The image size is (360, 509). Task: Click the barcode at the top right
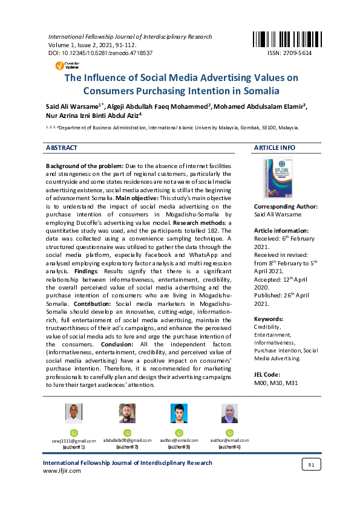click(281, 39)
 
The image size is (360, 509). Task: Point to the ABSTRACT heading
click(62, 148)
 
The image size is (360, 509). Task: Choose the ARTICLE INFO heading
click(275, 148)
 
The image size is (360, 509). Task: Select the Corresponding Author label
click(286, 207)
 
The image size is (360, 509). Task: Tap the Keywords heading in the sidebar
click(269, 318)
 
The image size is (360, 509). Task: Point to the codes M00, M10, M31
click(275, 383)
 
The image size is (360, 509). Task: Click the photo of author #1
click(74, 414)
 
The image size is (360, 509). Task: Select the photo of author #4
click(229, 414)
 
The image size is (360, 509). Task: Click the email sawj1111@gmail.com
click(74, 441)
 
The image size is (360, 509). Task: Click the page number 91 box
click(311, 464)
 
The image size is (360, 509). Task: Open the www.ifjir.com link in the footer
click(62, 471)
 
